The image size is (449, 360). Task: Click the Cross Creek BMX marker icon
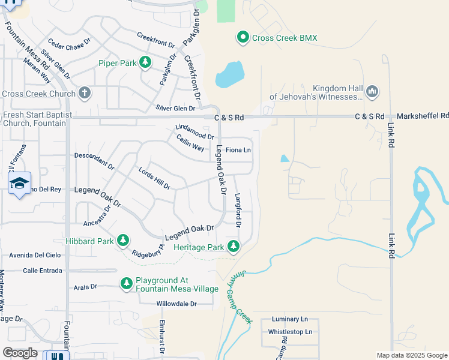click(x=243, y=38)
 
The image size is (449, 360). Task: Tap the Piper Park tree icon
click(x=145, y=62)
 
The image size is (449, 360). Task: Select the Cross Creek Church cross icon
click(x=85, y=93)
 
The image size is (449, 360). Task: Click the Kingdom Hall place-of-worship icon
click(x=372, y=91)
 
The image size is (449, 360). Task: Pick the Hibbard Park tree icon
click(x=122, y=241)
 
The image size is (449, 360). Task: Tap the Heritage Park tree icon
click(x=233, y=246)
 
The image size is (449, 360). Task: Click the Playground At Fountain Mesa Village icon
click(x=126, y=283)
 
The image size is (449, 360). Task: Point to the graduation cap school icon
click(x=20, y=183)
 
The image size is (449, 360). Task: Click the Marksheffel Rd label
click(x=423, y=115)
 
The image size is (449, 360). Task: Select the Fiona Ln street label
click(x=238, y=149)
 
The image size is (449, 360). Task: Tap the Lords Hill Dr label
click(x=154, y=178)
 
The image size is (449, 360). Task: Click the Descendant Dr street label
click(x=94, y=159)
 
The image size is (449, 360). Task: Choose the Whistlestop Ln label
click(x=290, y=332)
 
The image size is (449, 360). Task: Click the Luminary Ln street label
click(x=289, y=319)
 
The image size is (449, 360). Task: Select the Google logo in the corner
click(x=20, y=353)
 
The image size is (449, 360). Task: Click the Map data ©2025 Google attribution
click(x=412, y=355)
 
